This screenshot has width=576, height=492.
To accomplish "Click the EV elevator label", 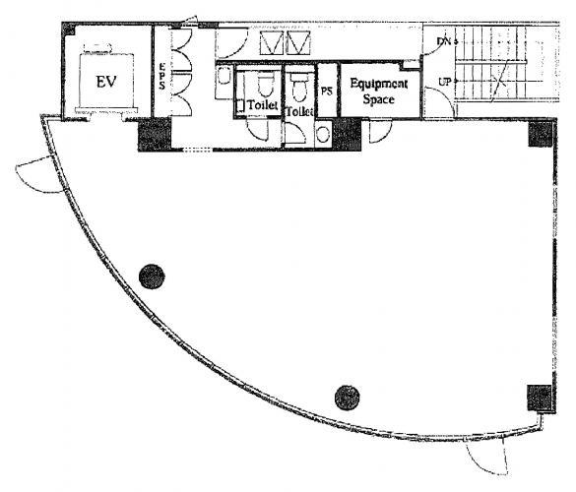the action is (106, 82).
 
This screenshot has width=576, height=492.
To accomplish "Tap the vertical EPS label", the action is (161, 77).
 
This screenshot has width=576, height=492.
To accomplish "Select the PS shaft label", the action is (327, 92).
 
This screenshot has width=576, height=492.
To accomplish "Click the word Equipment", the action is (379, 85).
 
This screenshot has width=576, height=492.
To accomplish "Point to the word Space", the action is (379, 99).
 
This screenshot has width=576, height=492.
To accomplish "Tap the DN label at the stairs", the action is (444, 41).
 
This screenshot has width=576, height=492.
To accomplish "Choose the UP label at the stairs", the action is (445, 82).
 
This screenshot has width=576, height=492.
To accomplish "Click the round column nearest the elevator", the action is (152, 277).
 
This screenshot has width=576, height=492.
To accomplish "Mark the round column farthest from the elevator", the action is (348, 398).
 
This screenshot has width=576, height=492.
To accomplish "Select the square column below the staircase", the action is (541, 134).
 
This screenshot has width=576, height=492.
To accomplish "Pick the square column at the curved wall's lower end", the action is (540, 398).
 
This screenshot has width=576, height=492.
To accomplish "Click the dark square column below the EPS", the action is (155, 135).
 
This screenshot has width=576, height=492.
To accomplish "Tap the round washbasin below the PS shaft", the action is (323, 134).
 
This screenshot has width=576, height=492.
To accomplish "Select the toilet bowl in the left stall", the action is (266, 85).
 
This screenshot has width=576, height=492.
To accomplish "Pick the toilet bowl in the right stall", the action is (299, 87).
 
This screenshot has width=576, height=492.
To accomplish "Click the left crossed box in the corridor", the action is (272, 43).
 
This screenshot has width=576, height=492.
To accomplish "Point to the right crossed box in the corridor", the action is (298, 43).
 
